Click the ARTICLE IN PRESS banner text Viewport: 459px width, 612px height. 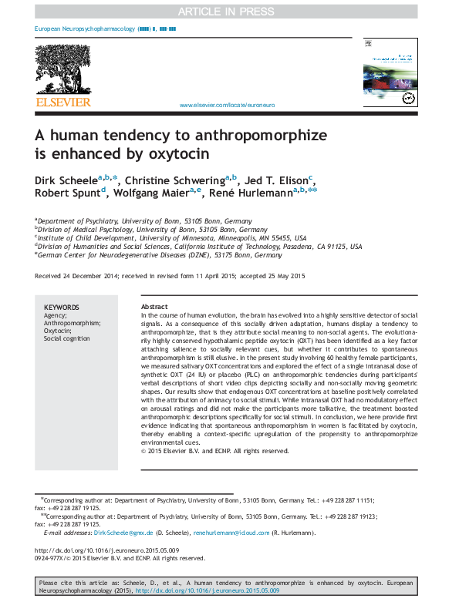tap(229, 11)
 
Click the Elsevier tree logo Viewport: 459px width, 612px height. tap(62, 69)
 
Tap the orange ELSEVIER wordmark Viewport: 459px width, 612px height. tap(62, 102)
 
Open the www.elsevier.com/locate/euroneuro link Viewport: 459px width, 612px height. tap(226, 105)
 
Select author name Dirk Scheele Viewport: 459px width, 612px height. tap(66, 180)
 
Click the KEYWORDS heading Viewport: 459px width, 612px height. tap(61, 307)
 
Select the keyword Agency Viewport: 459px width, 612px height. tap(55, 315)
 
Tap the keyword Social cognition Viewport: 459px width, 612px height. tap(67, 338)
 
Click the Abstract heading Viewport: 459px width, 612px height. tap(155, 307)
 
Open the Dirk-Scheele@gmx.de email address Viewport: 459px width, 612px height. tap(124, 533)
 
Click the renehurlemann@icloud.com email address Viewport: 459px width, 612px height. tap(231, 533)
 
